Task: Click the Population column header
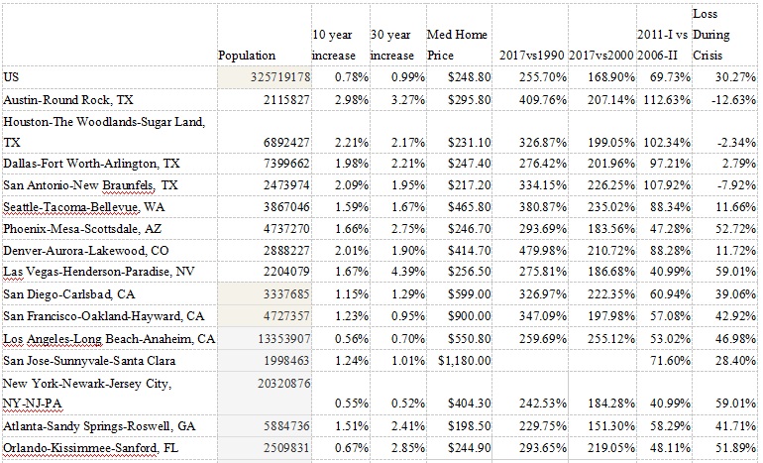pos(247,56)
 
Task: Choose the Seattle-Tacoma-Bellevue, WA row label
pos(72,207)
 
